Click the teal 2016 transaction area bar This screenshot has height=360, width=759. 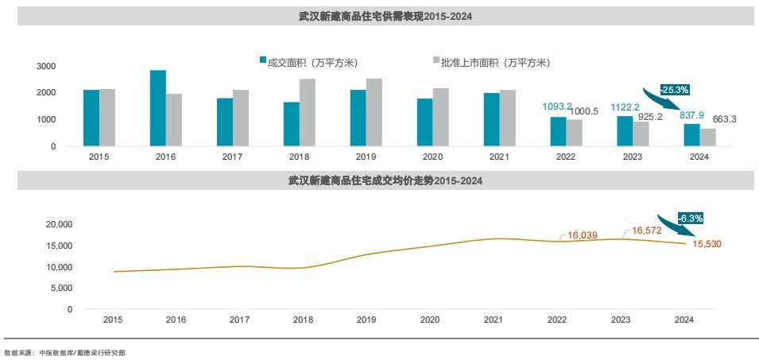pyautogui.click(x=158, y=108)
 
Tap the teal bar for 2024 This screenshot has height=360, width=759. pyautogui.click(x=691, y=135)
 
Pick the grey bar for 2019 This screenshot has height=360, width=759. pyautogui.click(x=374, y=112)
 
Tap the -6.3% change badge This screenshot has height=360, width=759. pyautogui.click(x=689, y=217)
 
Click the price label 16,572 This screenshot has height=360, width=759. pyautogui.click(x=646, y=230)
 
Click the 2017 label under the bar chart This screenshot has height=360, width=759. pyautogui.click(x=233, y=157)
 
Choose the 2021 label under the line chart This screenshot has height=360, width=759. pyautogui.click(x=494, y=319)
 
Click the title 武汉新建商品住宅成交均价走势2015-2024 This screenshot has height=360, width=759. pyautogui.click(x=379, y=181)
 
